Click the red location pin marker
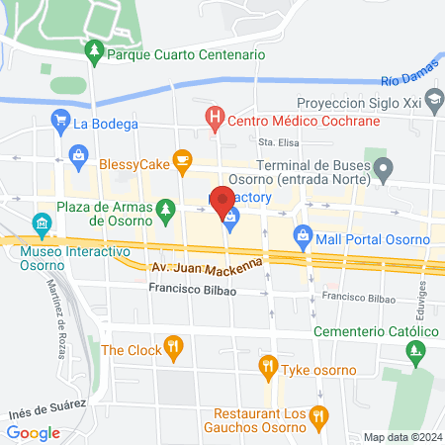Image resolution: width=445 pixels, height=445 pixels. [223, 198]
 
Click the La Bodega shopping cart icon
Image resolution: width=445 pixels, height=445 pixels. [60, 124]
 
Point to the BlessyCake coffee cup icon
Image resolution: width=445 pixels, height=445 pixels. [181, 158]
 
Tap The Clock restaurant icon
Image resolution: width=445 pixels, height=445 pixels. [174, 346]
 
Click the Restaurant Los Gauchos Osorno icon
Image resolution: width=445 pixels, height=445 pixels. [316, 415]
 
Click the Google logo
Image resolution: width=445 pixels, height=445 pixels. [33, 432]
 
